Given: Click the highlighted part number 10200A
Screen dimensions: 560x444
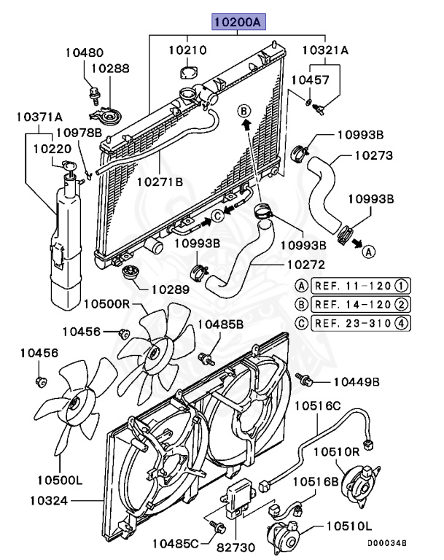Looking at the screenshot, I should (239, 23).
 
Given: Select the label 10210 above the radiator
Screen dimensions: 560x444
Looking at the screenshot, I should (187, 51).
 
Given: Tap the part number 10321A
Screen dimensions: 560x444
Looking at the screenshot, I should (326, 51).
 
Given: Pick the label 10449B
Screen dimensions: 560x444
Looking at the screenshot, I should (357, 381).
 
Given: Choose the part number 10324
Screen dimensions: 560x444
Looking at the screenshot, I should (49, 501).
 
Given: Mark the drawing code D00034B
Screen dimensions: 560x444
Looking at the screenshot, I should (386, 543).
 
